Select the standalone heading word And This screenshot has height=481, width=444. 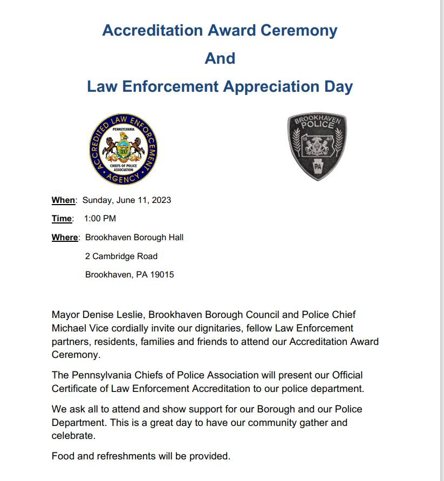click(220, 58)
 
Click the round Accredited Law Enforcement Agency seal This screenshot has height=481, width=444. click(124, 150)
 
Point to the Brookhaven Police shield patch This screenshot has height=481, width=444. click(317, 147)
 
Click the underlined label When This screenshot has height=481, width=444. click(63, 200)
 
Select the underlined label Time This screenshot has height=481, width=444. click(62, 219)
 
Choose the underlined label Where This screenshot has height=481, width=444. click(65, 238)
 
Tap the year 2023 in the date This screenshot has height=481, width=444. click(160, 200)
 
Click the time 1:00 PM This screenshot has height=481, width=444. click(100, 219)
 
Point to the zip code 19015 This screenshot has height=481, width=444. click(162, 274)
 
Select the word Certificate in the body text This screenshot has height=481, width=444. click(75, 389)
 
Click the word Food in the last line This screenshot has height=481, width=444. click(63, 456)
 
